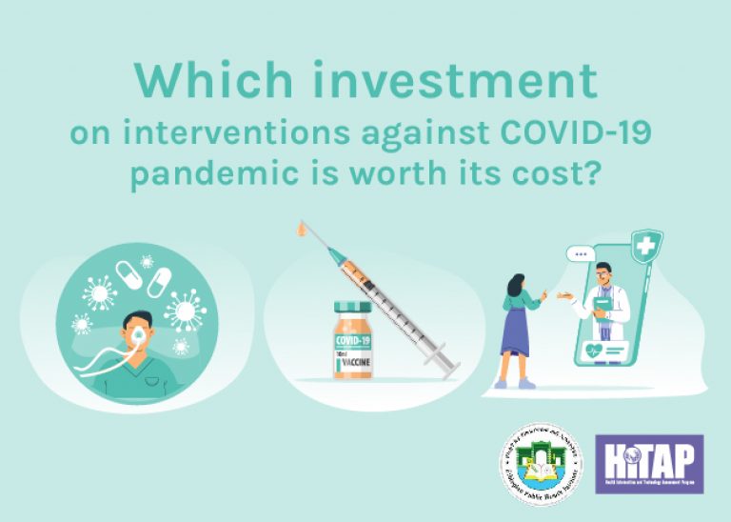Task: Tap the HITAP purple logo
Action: (x=649, y=464)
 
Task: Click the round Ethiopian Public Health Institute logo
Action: (x=538, y=464)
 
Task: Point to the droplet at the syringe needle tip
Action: (x=301, y=231)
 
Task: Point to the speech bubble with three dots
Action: (x=580, y=254)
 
